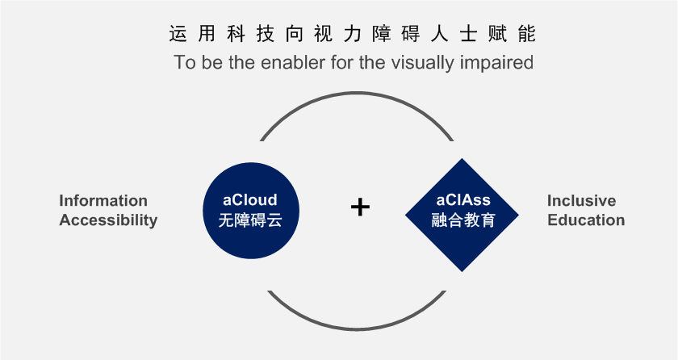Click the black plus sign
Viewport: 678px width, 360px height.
coord(360,207)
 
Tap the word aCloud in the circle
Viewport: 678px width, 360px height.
coord(250,200)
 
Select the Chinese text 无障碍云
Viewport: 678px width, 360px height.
coord(250,220)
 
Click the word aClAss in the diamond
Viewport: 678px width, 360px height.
coord(463,200)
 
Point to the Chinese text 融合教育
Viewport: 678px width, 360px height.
coord(463,220)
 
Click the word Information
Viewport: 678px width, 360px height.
coord(103,200)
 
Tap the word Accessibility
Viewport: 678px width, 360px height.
coord(108,220)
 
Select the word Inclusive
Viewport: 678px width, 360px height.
coord(582,200)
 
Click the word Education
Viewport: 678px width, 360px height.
coord(586,220)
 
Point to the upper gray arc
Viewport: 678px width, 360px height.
coord(357,93)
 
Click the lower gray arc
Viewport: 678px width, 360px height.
coord(357,330)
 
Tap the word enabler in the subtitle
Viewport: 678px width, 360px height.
coord(293,62)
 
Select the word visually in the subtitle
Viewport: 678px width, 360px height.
coord(423,63)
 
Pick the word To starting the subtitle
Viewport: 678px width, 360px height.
coord(185,62)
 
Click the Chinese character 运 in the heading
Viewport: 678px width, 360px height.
coord(178,34)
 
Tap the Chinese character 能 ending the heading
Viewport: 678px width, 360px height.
coord(526,34)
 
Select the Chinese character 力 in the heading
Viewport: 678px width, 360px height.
coord(353,34)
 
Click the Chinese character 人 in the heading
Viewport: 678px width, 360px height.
coord(439,34)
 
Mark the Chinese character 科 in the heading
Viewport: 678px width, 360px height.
coord(236,34)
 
